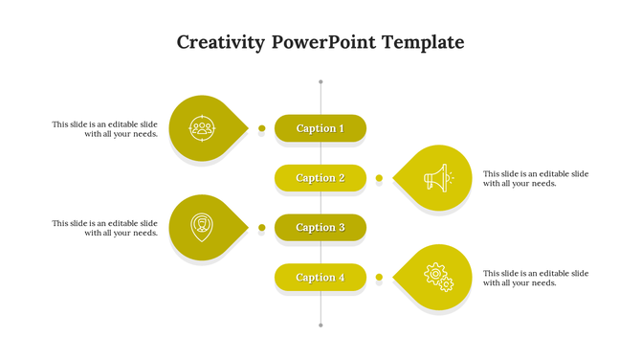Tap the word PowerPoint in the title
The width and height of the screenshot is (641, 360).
tap(323, 43)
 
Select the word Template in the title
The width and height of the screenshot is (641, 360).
tap(423, 43)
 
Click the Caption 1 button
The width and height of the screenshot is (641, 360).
tap(320, 128)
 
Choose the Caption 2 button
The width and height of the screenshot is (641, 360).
tap(320, 178)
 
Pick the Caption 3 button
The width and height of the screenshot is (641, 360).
tap(320, 228)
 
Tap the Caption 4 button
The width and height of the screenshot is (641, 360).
tap(320, 278)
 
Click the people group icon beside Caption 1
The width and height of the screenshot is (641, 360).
tap(201, 127)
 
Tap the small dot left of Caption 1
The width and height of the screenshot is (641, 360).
tap(261, 128)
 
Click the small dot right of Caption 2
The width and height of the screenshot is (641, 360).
tap(379, 178)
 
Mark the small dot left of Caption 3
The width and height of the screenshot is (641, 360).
tap(261, 228)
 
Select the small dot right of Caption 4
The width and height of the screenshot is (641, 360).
tap(379, 278)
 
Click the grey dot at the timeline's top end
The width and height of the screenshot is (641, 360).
tap(320, 81)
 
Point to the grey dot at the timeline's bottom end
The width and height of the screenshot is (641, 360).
tap(320, 326)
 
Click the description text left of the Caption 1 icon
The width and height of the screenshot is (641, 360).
tap(105, 129)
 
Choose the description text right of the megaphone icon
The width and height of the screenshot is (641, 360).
tap(536, 179)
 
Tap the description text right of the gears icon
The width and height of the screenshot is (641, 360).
tap(536, 279)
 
